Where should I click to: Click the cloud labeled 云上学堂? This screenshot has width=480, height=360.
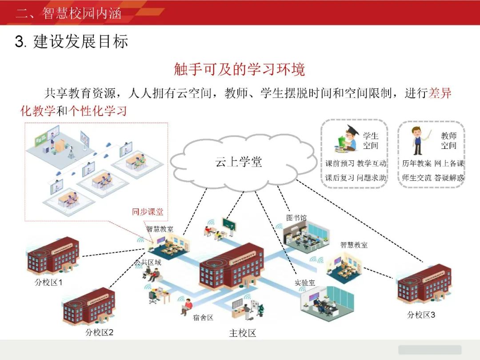point(238,162)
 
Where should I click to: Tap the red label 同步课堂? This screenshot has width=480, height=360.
point(148,212)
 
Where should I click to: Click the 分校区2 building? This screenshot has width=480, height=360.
point(89,306)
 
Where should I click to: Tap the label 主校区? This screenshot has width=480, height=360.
point(242,333)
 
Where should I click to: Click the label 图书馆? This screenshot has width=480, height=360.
point(296,218)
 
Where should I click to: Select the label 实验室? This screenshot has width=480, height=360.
point(304,282)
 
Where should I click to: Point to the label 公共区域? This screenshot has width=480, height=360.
point(148,263)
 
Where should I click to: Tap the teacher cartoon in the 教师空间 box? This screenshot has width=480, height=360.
point(420,139)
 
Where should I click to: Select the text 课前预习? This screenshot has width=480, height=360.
point(340,164)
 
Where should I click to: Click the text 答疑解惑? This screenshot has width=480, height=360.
point(449,178)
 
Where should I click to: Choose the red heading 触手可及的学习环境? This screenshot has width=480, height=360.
point(239,70)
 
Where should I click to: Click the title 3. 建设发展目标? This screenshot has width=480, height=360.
point(72,42)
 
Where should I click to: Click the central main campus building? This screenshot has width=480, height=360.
point(232,266)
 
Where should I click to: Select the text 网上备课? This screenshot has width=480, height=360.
point(449,164)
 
